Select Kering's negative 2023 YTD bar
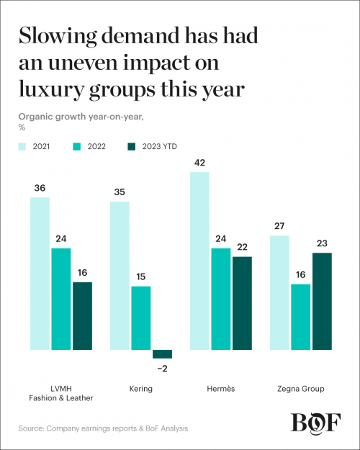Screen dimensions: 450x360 [x=162, y=354]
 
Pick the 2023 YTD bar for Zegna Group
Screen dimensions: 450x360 [x=321, y=301]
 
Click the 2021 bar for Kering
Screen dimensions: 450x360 [x=120, y=275]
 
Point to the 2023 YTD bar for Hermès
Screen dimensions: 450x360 [x=242, y=302]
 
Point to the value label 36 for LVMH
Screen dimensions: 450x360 [x=40, y=188]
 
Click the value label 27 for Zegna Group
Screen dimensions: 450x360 [x=279, y=226]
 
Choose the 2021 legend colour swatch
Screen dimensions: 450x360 [x=24, y=146]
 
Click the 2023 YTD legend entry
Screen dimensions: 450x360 [x=156, y=146]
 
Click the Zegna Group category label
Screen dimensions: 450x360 [x=300, y=389]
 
